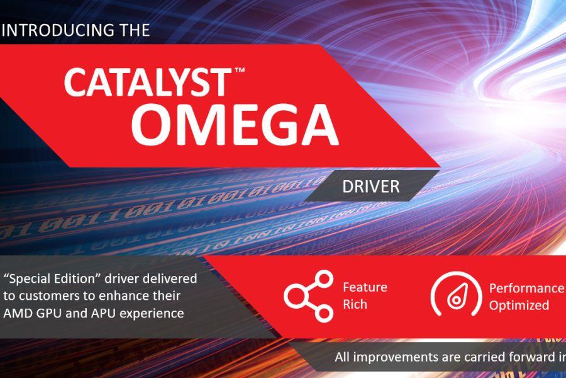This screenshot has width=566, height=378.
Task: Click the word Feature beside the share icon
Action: point(365,288)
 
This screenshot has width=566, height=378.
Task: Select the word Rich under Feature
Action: point(355,305)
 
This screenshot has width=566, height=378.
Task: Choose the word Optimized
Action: point(519,306)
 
